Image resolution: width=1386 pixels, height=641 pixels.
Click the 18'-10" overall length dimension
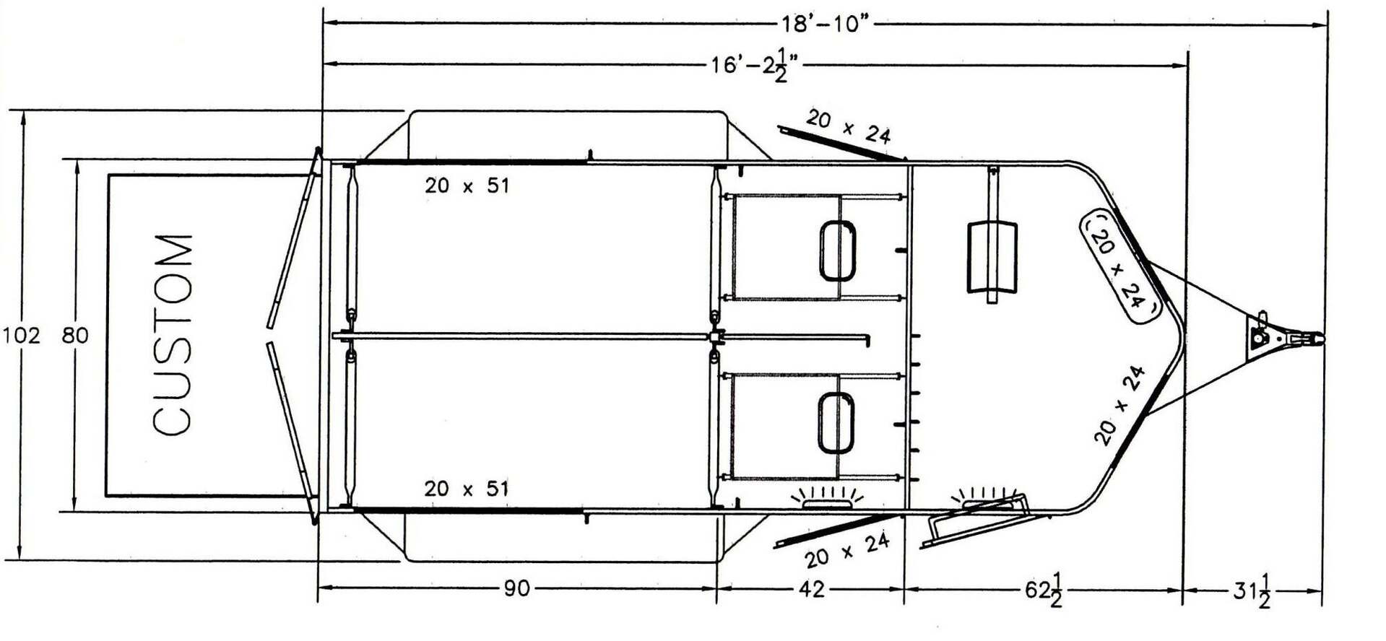click(824, 24)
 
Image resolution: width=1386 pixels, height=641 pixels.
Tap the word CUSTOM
click(173, 335)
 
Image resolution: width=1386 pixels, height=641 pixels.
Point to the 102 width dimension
click(22, 336)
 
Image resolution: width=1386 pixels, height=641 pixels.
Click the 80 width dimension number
click(74, 336)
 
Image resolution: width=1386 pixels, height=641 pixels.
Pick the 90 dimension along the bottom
click(516, 589)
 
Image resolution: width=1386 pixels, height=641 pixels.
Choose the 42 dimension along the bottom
click(812, 589)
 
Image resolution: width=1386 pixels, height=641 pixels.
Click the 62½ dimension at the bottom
click(1044, 590)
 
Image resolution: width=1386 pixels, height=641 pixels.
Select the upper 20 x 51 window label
click(467, 186)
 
